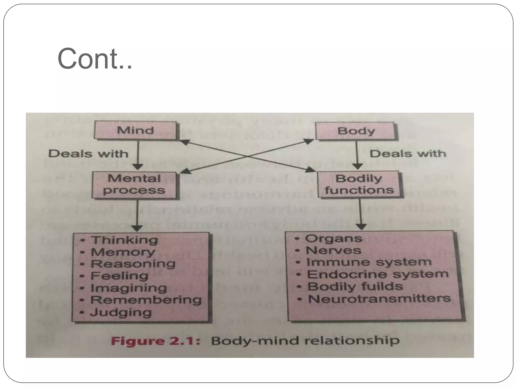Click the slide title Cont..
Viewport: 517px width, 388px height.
pyautogui.click(x=95, y=59)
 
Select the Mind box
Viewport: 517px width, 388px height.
pyautogui.click(x=135, y=131)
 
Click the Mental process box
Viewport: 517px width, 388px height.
pyautogui.click(x=134, y=185)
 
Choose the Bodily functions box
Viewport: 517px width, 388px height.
pyautogui.click(x=359, y=184)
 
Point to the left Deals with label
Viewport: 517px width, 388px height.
pyautogui.click(x=88, y=154)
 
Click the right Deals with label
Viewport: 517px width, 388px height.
pyautogui.click(x=408, y=154)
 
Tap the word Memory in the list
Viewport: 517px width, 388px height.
pyautogui.click(x=123, y=252)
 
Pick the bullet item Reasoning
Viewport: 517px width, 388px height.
pyautogui.click(x=133, y=264)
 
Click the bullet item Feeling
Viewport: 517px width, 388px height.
pyautogui.click(x=119, y=276)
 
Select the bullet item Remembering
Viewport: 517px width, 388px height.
pyautogui.click(x=146, y=300)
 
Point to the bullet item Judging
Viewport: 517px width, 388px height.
pyautogui.click(x=121, y=312)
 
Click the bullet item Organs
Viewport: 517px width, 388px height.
pyautogui.click(x=333, y=238)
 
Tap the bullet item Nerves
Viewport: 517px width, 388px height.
pyautogui.click(x=333, y=250)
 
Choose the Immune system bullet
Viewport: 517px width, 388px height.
pyautogui.click(x=369, y=262)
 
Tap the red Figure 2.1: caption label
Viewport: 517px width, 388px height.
pyautogui.click(x=156, y=341)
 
